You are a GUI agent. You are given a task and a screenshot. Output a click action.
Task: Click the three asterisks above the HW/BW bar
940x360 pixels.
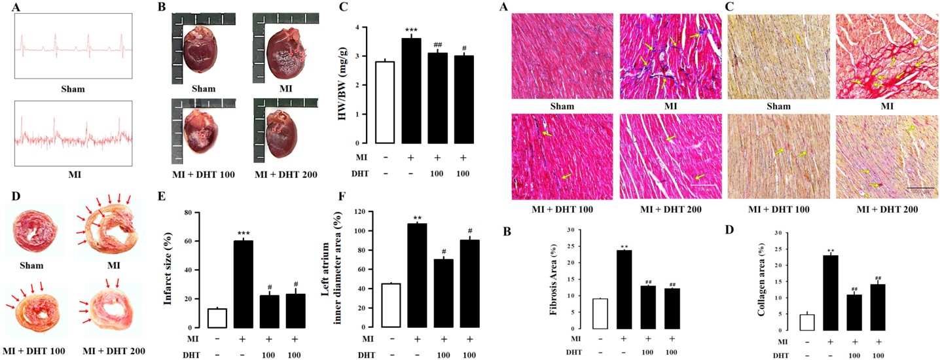coord(410,30)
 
